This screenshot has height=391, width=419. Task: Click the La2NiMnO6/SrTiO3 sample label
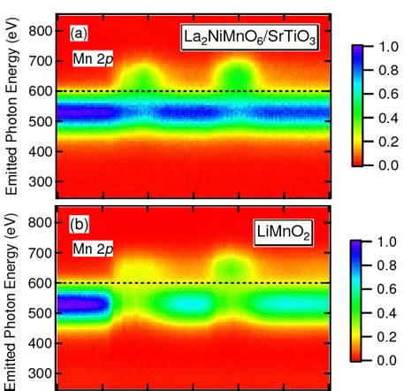tap(250, 37)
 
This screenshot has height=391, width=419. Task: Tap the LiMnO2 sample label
tap(283, 233)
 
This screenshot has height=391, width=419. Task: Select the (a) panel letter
tap(79, 34)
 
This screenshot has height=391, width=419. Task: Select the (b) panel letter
tap(79, 226)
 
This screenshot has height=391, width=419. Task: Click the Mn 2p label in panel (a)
tap(93, 59)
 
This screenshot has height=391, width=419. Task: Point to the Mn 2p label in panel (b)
tap(93, 249)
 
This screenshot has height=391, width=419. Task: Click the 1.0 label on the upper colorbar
tap(388, 47)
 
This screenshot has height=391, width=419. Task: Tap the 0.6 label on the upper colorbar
tap(388, 95)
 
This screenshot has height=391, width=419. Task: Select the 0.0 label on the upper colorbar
tap(388, 165)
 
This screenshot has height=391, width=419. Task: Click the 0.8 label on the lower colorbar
tap(386, 265)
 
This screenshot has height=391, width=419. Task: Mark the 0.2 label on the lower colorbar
tap(386, 337)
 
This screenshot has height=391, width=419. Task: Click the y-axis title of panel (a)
tap(11, 106)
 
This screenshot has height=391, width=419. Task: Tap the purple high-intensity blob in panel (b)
tap(82, 304)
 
